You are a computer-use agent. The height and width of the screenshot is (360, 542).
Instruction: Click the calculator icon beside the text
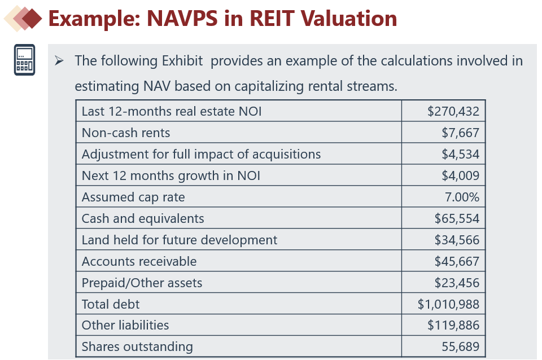pyautogui.click(x=24, y=59)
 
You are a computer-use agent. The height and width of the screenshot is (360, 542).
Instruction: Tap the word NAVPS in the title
pyautogui.click(x=182, y=18)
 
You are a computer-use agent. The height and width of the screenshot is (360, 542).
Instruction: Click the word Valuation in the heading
pyautogui.click(x=348, y=18)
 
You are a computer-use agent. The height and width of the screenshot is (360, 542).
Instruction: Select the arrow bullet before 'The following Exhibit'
pyautogui.click(x=59, y=61)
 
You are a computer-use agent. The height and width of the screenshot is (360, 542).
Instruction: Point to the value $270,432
pyautogui.click(x=453, y=111)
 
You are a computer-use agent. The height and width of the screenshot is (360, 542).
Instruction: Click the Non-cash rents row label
pyautogui.click(x=126, y=133)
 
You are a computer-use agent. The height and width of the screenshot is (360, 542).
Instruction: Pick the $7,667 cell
pyautogui.click(x=460, y=133)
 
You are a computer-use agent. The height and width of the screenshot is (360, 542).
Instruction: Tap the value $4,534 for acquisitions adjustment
pyautogui.click(x=460, y=154)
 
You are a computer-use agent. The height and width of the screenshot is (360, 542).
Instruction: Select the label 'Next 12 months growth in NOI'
pyautogui.click(x=171, y=175)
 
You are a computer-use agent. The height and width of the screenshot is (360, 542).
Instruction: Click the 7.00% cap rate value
pyautogui.click(x=462, y=197)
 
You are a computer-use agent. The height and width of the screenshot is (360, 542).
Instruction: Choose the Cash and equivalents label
pyautogui.click(x=143, y=218)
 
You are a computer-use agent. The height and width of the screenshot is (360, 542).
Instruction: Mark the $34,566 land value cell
pyautogui.click(x=457, y=240)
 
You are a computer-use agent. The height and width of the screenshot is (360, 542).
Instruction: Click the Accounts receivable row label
pyautogui.click(x=139, y=261)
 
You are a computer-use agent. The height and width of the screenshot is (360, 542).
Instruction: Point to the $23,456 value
pyautogui.click(x=457, y=283)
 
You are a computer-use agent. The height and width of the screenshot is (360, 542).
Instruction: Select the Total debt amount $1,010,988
pyautogui.click(x=448, y=304)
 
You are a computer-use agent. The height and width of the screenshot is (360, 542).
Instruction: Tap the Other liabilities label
pyautogui.click(x=125, y=325)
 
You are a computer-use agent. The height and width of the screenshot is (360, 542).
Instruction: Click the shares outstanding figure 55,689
pyautogui.click(x=461, y=346)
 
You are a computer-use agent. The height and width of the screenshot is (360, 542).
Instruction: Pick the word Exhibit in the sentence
pyautogui.click(x=182, y=61)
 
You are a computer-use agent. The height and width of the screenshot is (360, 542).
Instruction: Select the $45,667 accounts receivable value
pyautogui.click(x=457, y=261)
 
